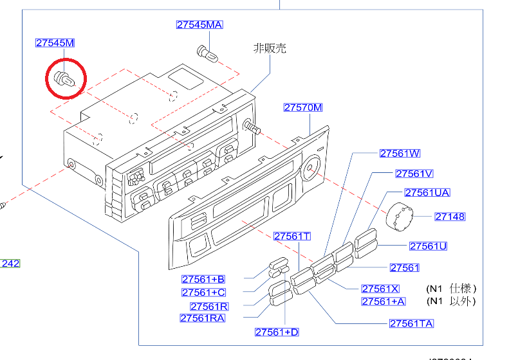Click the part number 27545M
coord(55,43)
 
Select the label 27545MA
coord(199,25)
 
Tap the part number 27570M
coord(303,107)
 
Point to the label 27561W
coord(400,154)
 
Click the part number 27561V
coord(414,174)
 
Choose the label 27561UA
coord(427,193)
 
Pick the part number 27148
coord(450,217)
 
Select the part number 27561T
coord(292,237)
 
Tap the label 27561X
coord(380,289)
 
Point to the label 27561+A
coord(384,301)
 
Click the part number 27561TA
coord(411,323)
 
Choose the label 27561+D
coord(277,332)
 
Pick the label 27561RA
coord(203,318)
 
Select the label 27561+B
coord(203,280)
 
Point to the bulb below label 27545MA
coord(206,52)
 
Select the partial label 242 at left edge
coord(10,264)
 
